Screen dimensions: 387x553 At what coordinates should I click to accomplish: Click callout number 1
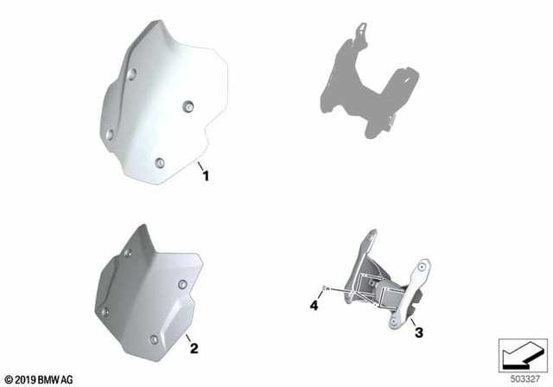[x=206, y=175]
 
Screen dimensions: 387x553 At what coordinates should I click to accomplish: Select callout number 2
[x=194, y=348]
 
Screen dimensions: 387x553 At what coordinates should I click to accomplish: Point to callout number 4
[x=315, y=305]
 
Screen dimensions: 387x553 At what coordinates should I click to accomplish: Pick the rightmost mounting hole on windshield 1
[x=188, y=106]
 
